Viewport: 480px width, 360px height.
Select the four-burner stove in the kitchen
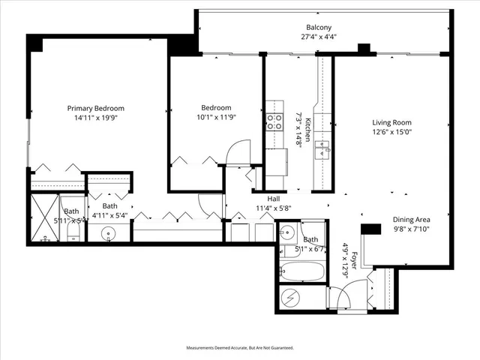274,122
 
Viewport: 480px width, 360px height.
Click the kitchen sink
325,146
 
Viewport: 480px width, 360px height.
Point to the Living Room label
392,122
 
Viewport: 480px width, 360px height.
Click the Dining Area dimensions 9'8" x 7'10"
412,230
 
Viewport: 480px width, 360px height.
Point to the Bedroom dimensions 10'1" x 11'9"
215,118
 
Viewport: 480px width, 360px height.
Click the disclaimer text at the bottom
240,348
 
